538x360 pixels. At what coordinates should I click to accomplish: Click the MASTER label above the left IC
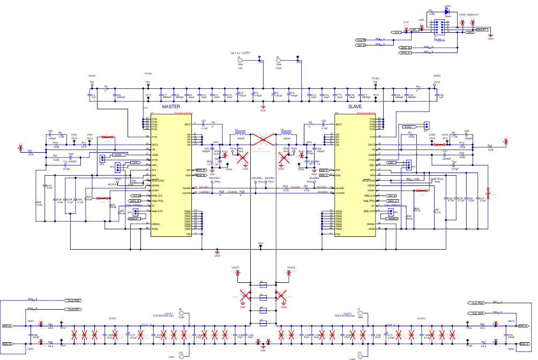[171, 107]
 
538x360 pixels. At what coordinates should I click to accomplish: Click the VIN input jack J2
[240, 61]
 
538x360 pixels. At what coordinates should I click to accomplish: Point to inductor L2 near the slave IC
[285, 134]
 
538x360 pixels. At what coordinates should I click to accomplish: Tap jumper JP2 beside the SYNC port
[102, 158]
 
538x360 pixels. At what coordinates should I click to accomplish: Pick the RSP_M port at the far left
[8, 326]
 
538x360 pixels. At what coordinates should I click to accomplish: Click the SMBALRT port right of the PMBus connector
[481, 30]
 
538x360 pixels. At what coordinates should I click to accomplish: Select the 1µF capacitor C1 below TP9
[92, 95]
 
